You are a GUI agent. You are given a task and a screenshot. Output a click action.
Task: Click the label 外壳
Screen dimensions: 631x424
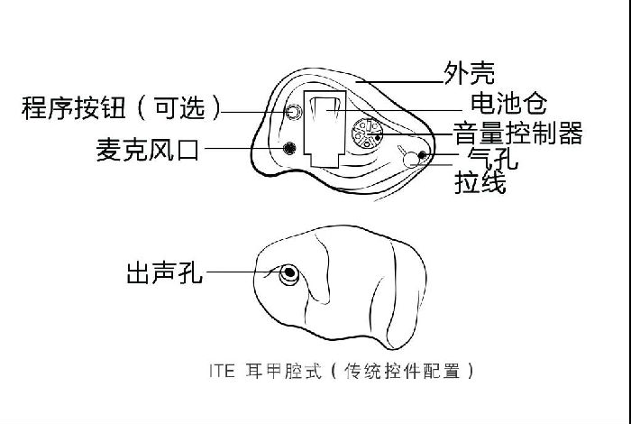[469, 73]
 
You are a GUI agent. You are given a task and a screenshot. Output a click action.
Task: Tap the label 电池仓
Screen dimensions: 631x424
[508, 104]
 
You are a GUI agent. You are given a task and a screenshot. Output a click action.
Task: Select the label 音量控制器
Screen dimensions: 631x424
[518, 134]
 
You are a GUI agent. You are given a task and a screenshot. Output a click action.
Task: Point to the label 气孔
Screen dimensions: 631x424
[492, 158]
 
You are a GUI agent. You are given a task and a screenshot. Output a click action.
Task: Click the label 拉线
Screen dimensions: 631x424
[480, 182]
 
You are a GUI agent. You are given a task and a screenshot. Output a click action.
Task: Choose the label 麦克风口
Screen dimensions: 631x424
[147, 150]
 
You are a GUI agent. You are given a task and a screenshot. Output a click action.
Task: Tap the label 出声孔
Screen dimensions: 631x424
[164, 272]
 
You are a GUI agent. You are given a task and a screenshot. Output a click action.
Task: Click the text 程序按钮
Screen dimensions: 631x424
[73, 107]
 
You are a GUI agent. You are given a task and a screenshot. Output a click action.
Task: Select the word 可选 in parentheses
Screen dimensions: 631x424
[180, 107]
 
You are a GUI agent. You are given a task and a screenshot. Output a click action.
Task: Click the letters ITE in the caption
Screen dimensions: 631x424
[222, 371]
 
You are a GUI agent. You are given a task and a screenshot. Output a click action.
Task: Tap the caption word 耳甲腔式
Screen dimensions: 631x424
[283, 371]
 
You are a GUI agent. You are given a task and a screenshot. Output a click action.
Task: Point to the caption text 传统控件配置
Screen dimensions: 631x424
[402, 371]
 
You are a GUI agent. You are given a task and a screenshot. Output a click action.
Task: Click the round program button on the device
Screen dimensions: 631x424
[294, 112]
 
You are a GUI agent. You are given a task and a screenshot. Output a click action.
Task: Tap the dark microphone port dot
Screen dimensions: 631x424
[289, 148]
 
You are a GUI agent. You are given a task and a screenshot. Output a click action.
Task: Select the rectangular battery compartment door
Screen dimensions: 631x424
[325, 128]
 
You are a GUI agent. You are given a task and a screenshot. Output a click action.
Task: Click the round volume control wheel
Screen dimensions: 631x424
[368, 134]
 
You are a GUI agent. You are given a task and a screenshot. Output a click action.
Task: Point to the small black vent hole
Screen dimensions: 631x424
[422, 155]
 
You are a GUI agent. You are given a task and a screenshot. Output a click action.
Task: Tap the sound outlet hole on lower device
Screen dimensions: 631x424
[289, 274]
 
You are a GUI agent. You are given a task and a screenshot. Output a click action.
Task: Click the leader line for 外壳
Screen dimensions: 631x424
[399, 82]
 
